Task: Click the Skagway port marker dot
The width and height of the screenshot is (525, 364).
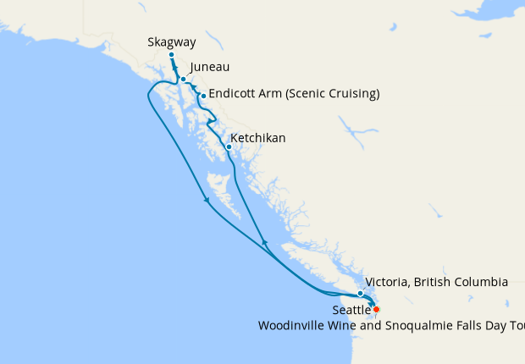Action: click(x=171, y=55)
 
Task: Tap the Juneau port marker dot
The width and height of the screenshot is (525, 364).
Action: click(x=183, y=79)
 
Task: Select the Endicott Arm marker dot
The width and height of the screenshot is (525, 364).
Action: click(x=203, y=96)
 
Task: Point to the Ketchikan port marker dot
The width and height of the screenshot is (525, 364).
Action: click(x=229, y=146)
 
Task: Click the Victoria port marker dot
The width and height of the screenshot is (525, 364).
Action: click(x=361, y=293)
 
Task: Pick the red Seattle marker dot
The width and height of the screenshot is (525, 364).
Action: click(x=377, y=309)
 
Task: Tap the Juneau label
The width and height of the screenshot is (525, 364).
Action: click(x=210, y=68)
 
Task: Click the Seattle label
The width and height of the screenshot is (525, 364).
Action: click(x=351, y=311)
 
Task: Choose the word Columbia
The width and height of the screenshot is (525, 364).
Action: click(x=480, y=281)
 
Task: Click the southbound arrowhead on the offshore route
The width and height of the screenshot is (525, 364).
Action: click(x=207, y=201)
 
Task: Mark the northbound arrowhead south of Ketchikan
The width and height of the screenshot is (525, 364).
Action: click(x=264, y=243)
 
